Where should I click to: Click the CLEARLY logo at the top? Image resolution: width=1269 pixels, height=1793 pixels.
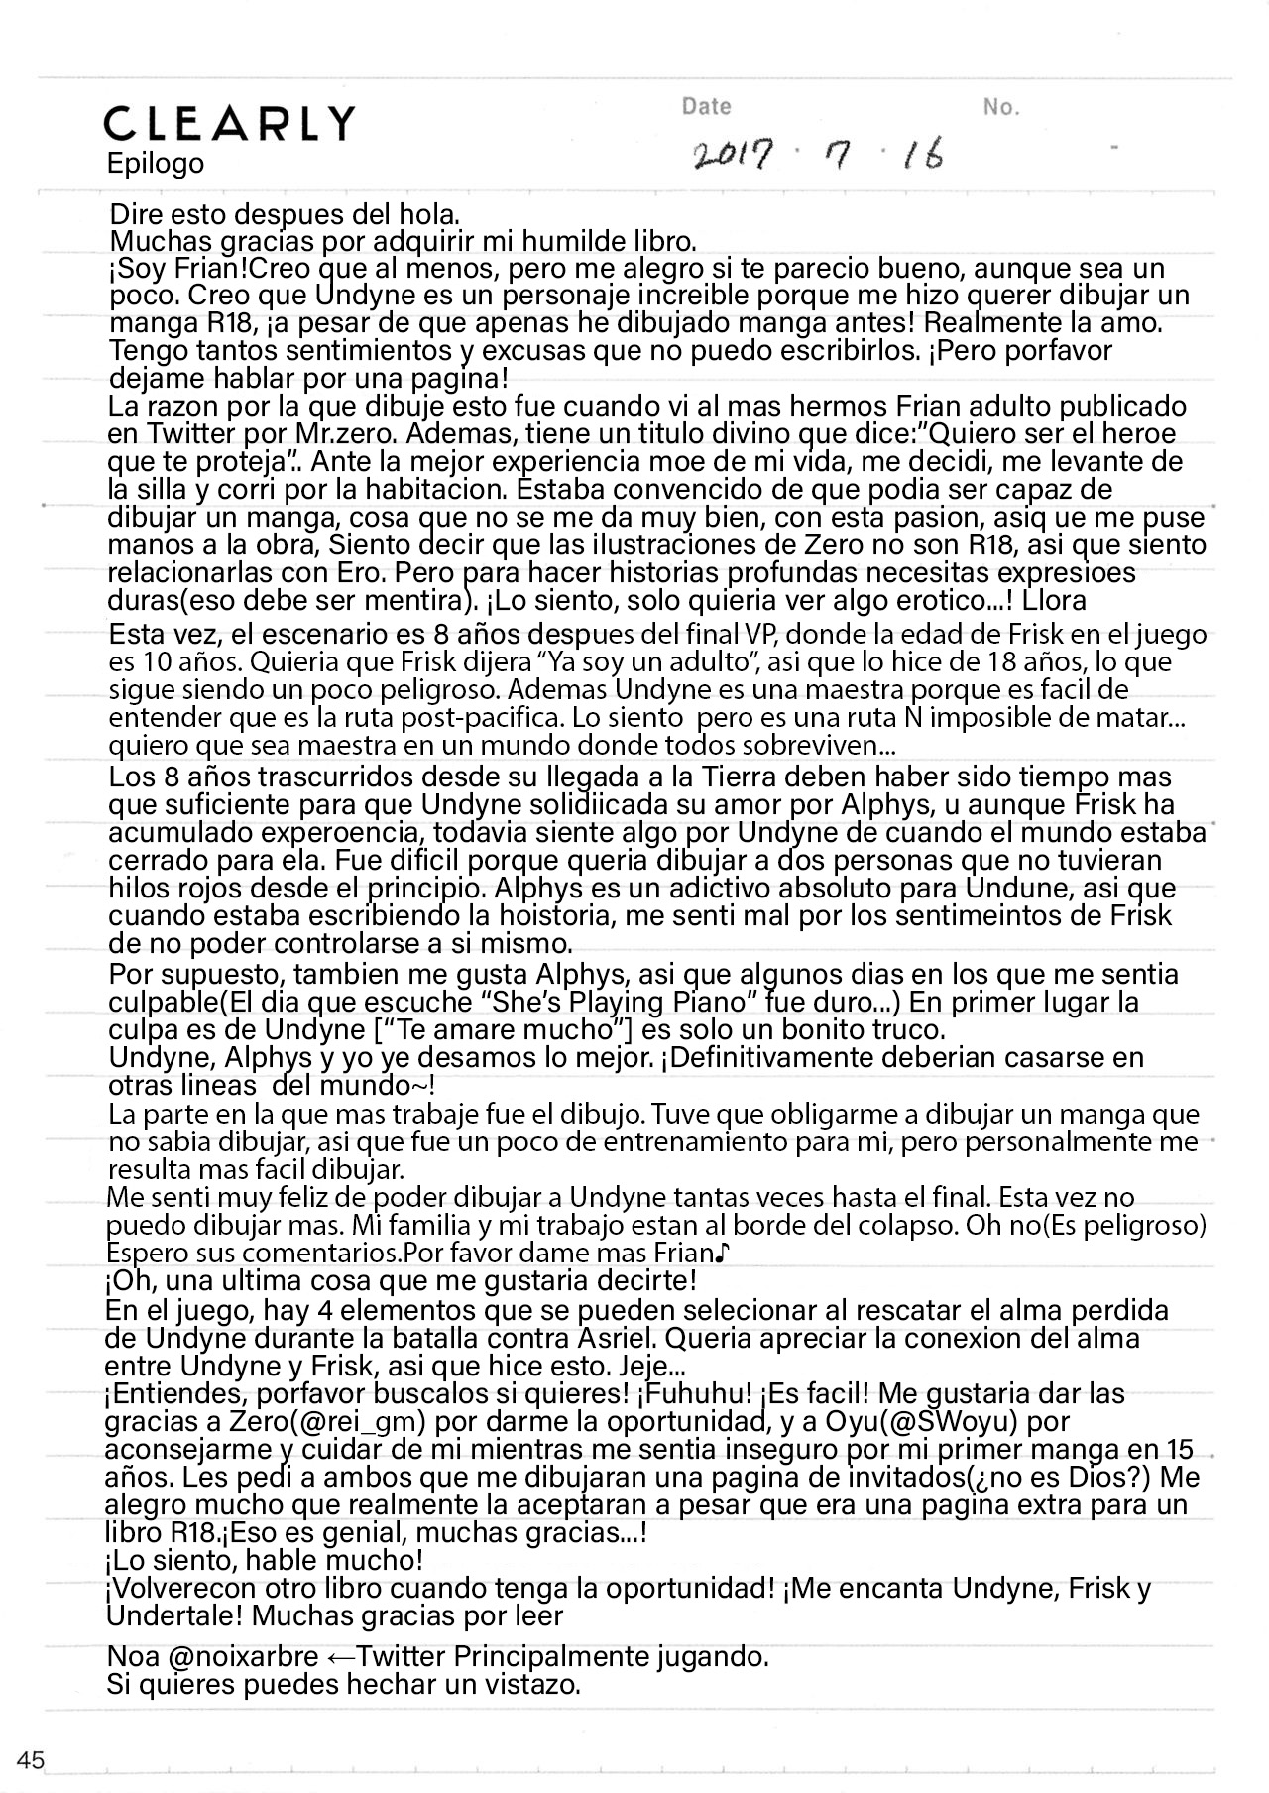click(229, 124)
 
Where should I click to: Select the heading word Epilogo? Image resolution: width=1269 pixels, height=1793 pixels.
click(156, 164)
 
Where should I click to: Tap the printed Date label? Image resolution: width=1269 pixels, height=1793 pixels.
click(706, 107)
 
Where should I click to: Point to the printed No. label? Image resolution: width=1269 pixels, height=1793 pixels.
click(1000, 108)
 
